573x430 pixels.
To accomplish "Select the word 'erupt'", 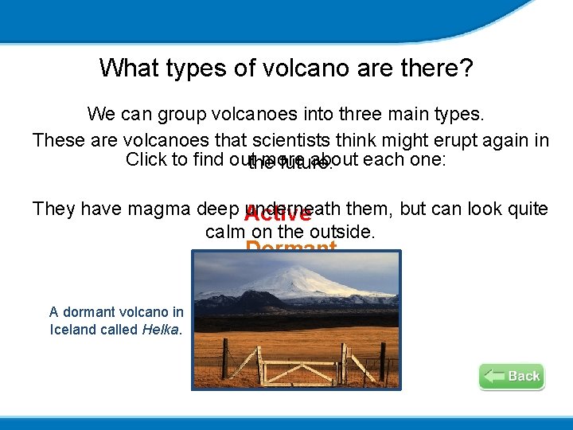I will pos(430,140).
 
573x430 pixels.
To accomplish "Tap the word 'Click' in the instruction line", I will pos(146,159).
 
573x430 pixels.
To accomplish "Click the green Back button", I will pos(512,376).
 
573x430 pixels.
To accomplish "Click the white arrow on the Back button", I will pos(494,376).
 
